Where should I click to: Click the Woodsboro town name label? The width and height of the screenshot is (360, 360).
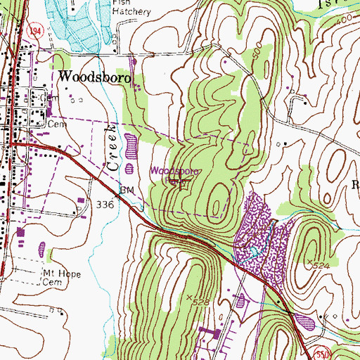pos(96,77)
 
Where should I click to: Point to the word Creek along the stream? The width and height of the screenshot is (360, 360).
pos(110,148)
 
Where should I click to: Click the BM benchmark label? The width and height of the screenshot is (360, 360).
pos(127,190)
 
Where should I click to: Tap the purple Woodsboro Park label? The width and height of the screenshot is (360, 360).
pos(176,171)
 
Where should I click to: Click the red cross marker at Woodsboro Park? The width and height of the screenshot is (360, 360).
pos(185,184)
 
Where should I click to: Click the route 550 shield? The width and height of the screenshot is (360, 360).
pos(340,353)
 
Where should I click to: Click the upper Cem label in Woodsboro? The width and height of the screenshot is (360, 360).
pos(56,122)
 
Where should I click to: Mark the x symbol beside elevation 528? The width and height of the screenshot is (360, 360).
pos(190,297)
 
